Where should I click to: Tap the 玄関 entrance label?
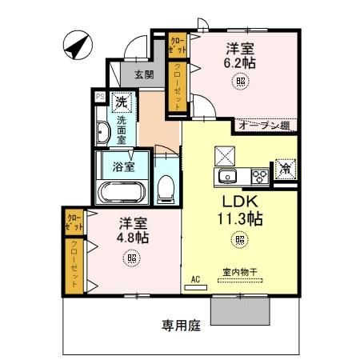pos(143,74)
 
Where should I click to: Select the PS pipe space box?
pos(99,96)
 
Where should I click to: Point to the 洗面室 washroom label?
pos(122,130)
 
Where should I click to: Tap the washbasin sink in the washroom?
pos(102,133)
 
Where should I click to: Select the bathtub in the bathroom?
pos(120,193)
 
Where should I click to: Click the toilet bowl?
pos(166,189)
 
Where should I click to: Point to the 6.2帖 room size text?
pos(239,62)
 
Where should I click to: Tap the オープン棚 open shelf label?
pos(262,125)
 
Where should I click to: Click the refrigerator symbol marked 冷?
pos(284,169)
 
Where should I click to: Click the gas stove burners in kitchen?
pos(259,175)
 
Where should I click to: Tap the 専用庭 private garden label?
pos(179,326)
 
